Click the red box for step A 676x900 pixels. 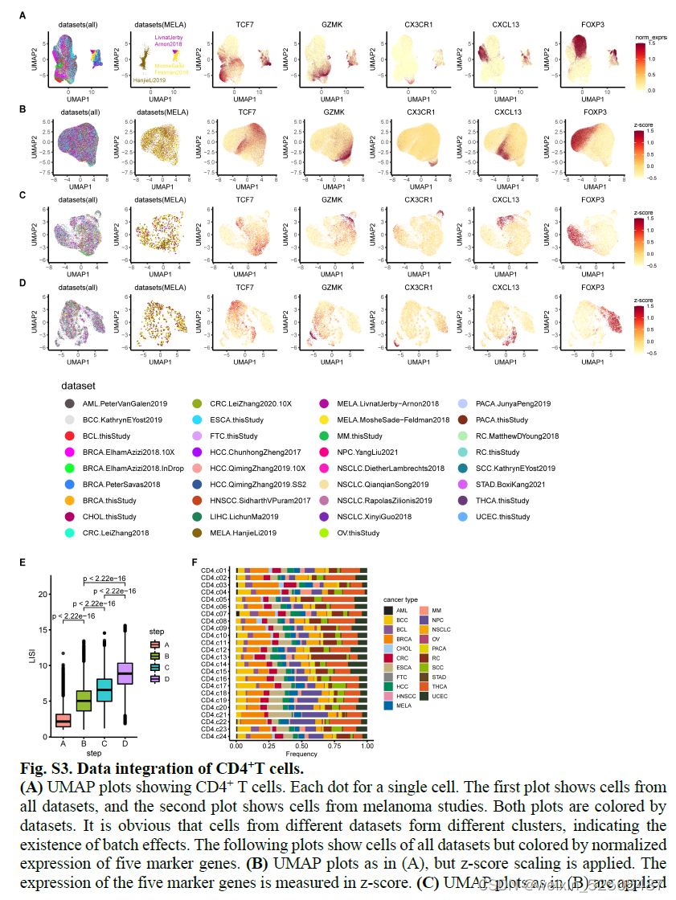tap(62, 720)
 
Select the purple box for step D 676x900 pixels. tap(125, 673)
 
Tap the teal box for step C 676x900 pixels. tap(104, 689)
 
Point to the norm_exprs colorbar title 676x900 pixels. tap(652, 38)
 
